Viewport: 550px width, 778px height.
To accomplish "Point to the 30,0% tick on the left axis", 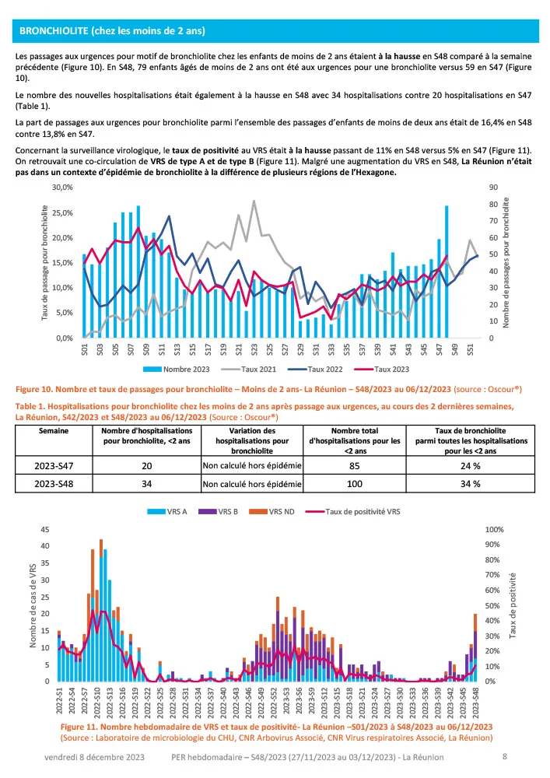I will [61, 187].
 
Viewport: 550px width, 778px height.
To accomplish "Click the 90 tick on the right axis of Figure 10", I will [493, 187].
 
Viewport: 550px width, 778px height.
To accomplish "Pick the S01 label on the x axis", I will [84, 352].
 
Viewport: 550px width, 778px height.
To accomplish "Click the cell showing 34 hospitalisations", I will [151, 484].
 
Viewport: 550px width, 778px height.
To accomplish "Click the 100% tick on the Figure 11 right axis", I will [494, 529].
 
